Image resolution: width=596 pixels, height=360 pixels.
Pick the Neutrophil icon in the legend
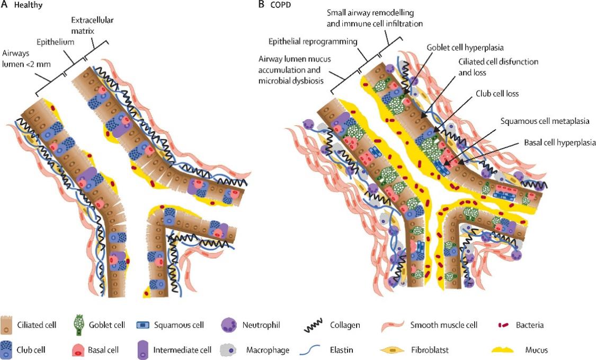229,324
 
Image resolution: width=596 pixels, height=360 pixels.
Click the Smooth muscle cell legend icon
392,325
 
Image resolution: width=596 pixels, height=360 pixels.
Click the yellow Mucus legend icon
503,350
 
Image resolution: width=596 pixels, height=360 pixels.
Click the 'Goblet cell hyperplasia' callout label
465,47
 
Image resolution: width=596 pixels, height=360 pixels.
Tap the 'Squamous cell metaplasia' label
538,120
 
